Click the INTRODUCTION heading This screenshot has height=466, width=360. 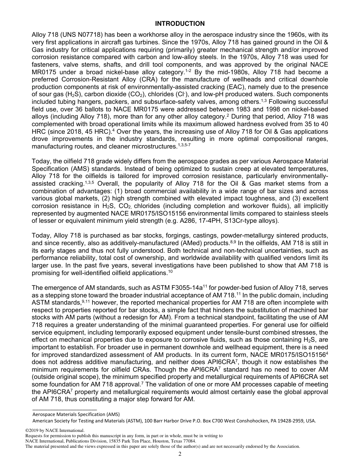180,24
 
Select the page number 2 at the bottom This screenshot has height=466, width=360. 180,454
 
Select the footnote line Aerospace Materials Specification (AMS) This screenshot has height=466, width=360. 76,414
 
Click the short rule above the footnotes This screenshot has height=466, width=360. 64,410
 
